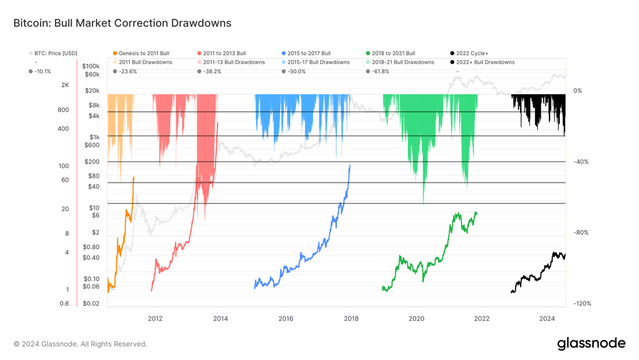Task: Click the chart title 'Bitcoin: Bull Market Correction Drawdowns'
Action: point(122,23)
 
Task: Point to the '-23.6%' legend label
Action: point(128,72)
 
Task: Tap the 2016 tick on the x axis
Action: point(286,318)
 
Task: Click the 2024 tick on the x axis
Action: point(547,318)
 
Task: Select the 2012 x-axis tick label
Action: point(155,318)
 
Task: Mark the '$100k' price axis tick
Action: point(91,66)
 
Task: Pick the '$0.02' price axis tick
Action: point(91,304)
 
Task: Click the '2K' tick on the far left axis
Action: point(65,85)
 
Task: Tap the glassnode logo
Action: point(591,343)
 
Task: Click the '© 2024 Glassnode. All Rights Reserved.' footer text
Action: point(81,344)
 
